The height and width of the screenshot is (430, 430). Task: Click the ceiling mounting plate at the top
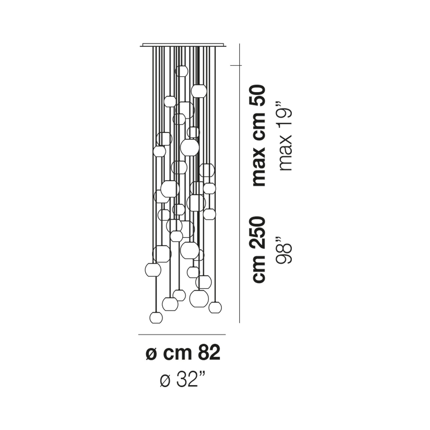pyautogui.click(x=183, y=45)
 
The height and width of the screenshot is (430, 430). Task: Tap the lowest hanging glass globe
pyautogui.click(x=156, y=318)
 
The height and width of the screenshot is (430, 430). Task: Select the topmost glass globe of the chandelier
pyautogui.click(x=182, y=71)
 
